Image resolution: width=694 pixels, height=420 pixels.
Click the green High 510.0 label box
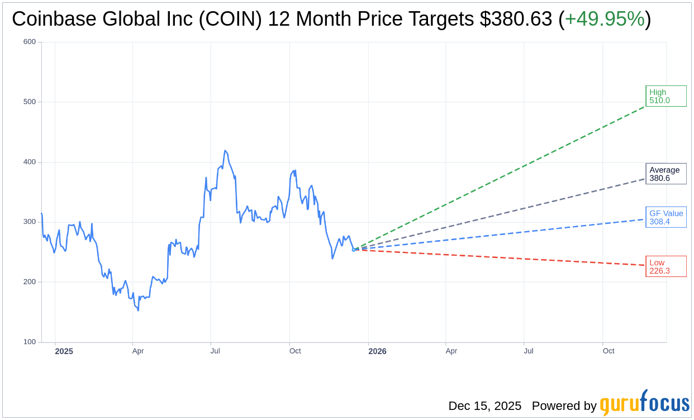pyautogui.click(x=666, y=96)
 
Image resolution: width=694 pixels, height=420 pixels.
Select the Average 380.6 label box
pyautogui.click(x=666, y=174)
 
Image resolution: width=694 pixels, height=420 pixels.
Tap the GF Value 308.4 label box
pyautogui.click(x=666, y=217)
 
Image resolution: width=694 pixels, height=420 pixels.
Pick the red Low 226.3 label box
pyautogui.click(x=666, y=266)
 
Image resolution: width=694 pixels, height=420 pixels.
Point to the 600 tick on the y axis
pyautogui.click(x=30, y=42)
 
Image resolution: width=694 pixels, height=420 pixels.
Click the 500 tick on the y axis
pyautogui.click(x=30, y=102)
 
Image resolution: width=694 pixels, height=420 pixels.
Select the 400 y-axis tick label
pyautogui.click(x=30, y=162)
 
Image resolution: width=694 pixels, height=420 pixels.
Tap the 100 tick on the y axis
pyautogui.click(x=30, y=342)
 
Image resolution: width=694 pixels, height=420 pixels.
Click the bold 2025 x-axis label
pyautogui.click(x=64, y=351)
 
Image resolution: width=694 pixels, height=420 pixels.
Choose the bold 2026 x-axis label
pyautogui.click(x=377, y=351)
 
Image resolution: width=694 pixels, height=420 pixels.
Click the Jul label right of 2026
pyautogui.click(x=528, y=351)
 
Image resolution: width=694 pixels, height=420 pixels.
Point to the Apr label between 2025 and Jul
pyautogui.click(x=138, y=351)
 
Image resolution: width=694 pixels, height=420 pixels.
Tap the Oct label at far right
pyautogui.click(x=609, y=351)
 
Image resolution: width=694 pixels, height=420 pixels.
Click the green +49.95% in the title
pyautogui.click(x=605, y=19)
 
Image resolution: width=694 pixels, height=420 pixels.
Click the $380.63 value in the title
pyautogui.click(x=516, y=19)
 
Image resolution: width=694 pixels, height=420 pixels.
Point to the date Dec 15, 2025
pyautogui.click(x=484, y=406)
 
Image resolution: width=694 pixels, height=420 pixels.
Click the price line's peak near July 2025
pyautogui.click(x=225, y=150)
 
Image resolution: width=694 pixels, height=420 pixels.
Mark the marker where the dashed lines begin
pyautogui.click(x=354, y=250)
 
